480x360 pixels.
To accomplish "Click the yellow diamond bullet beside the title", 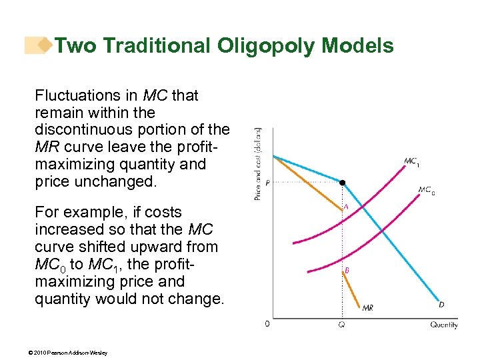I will (x=45, y=45).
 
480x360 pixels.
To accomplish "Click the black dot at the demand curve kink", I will (x=343, y=182).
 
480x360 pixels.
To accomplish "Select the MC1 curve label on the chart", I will (x=411, y=161).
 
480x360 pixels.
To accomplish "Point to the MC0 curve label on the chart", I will (x=426, y=190).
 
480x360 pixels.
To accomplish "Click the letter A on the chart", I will (x=346, y=207).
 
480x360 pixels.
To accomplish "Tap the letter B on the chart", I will (x=347, y=271).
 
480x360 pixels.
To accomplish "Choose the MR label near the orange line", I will (x=367, y=307).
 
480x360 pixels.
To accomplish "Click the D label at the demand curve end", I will (x=441, y=305).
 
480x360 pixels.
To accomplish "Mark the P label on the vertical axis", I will (x=267, y=183).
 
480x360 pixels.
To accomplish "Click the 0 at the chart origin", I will (x=267, y=325).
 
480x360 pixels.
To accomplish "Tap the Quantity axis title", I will (x=443, y=325).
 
